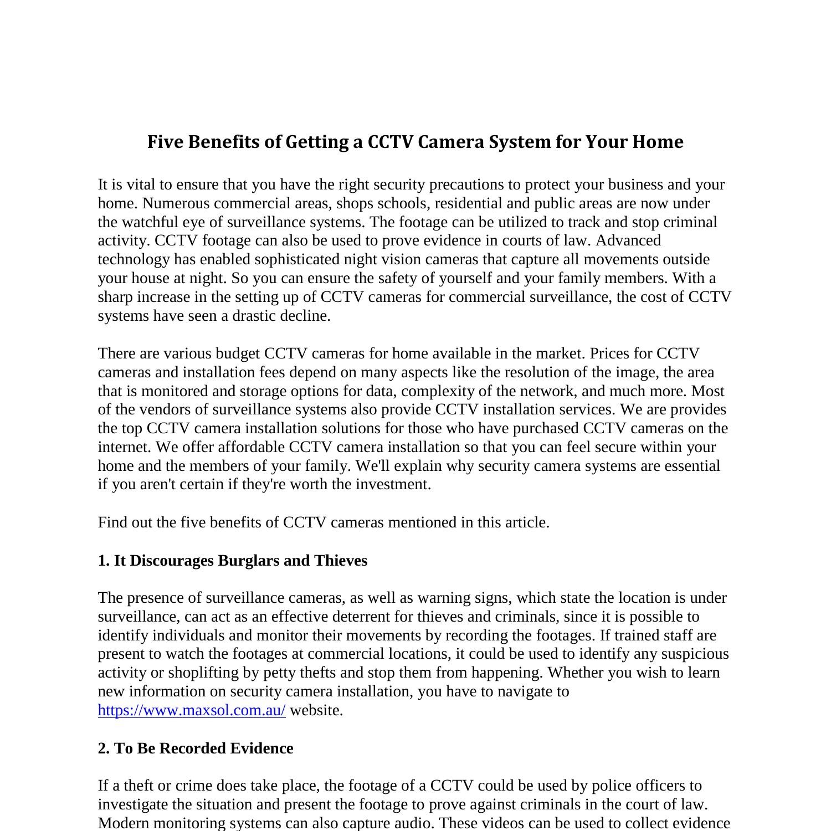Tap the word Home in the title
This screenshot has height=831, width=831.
click(658, 142)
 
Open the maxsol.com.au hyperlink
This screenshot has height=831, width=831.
click(192, 710)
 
